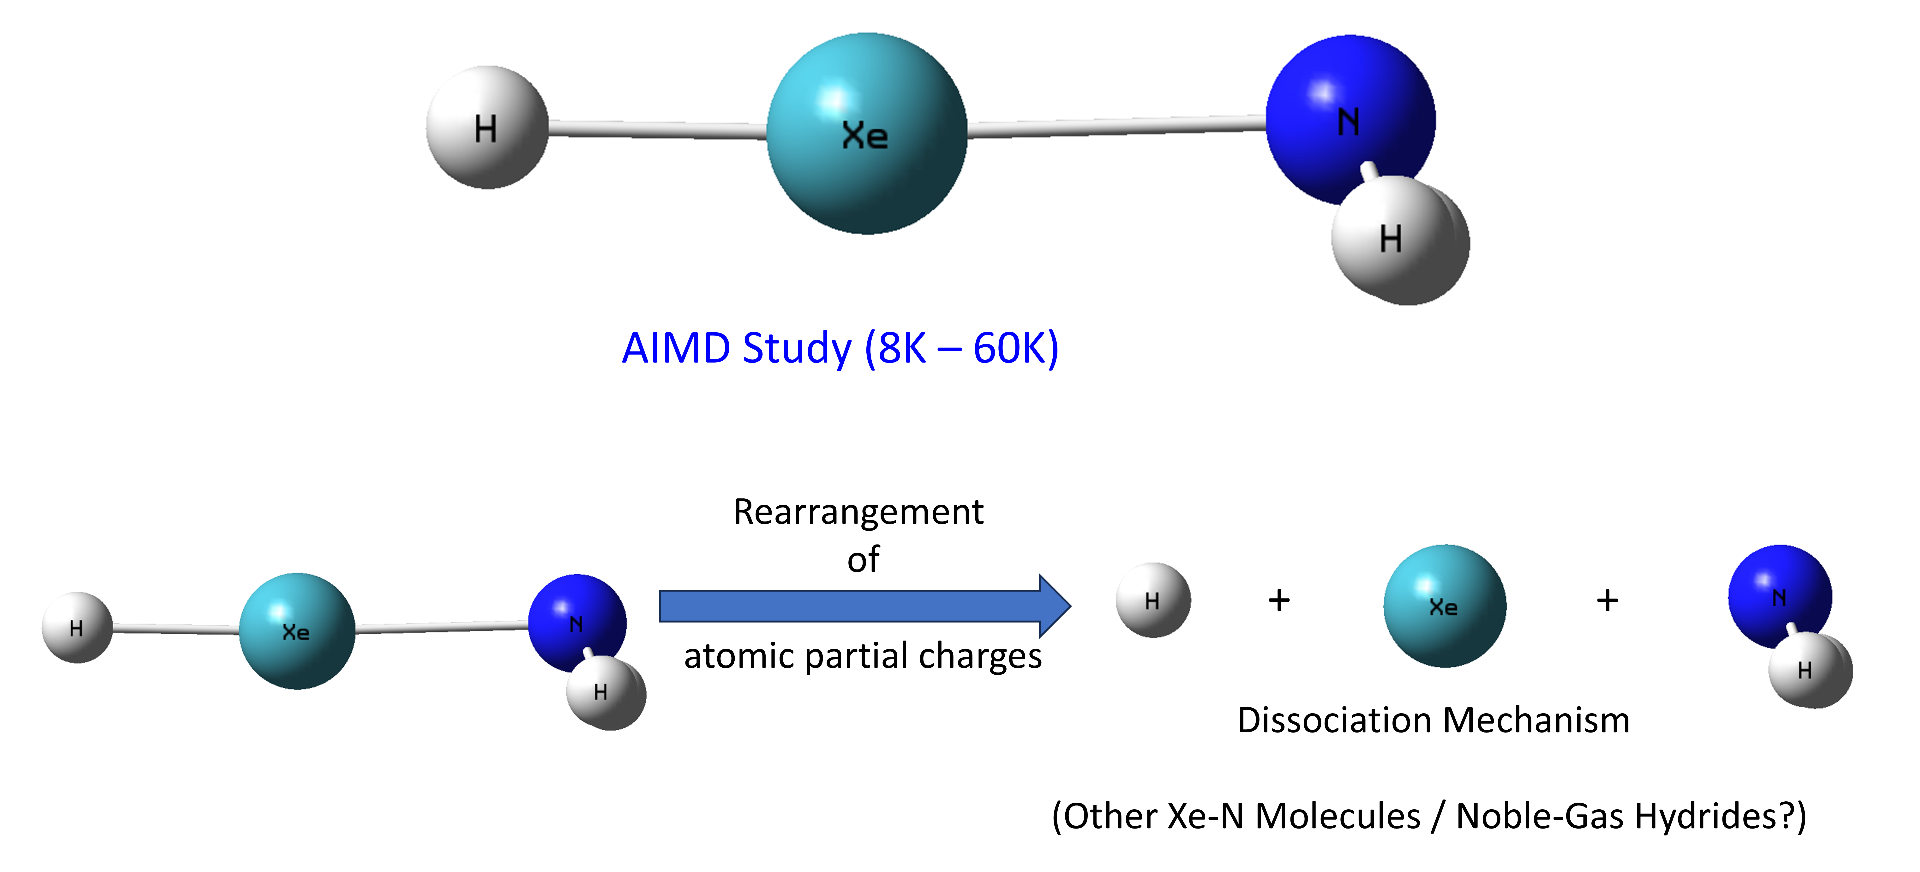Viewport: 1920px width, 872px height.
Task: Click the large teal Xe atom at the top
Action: (x=867, y=134)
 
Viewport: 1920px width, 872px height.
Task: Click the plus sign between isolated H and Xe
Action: (x=1279, y=600)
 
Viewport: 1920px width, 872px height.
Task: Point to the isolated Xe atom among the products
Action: (x=1444, y=606)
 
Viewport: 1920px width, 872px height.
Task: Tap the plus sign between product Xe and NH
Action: (x=1607, y=600)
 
